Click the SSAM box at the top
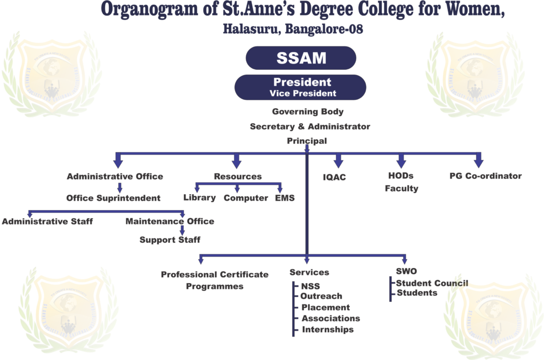301,58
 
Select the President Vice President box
301,87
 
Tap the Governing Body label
308,112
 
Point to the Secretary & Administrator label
310,127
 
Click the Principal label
307,140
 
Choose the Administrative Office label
115,176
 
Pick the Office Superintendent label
114,198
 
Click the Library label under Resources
199,198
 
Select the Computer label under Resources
246,198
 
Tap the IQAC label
334,177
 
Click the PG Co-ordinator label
485,176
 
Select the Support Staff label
170,240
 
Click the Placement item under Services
325,307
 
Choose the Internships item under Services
327,330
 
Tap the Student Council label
432,283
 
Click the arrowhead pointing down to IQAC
338,162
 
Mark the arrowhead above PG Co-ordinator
478,161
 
